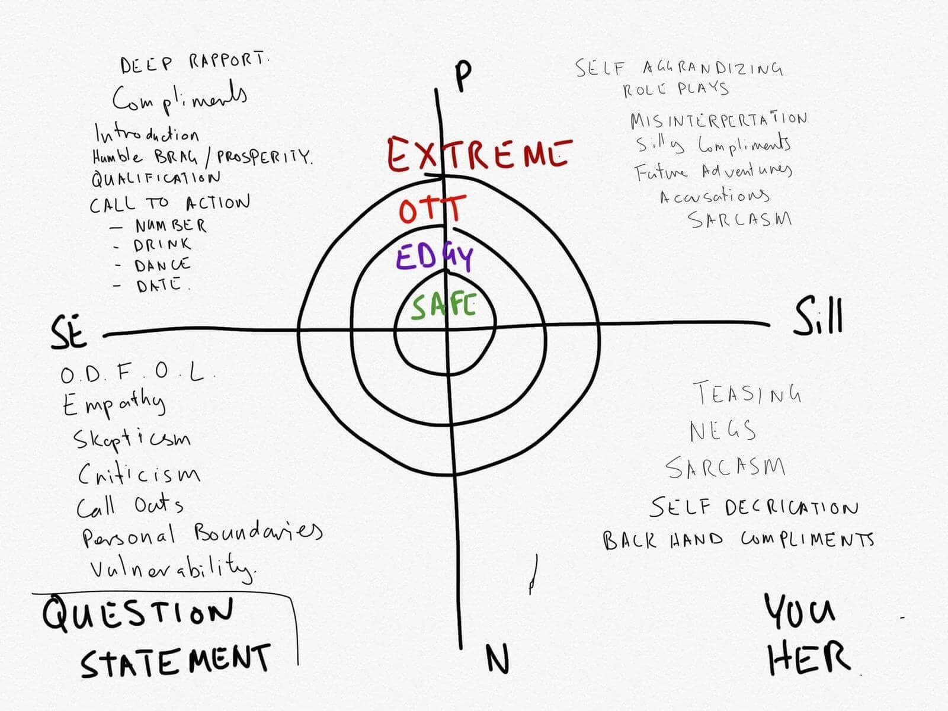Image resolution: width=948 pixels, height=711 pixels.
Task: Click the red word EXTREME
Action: point(479,154)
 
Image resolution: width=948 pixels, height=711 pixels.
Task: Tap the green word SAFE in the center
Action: point(444,307)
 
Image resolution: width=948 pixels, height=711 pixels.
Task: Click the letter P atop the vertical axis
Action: point(463,75)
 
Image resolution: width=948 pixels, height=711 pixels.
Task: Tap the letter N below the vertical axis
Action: point(498,659)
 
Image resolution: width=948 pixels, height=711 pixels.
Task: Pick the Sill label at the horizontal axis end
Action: point(818,318)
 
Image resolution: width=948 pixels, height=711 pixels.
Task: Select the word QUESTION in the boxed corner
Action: point(137,614)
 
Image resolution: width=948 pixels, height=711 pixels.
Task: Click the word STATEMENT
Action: point(175,660)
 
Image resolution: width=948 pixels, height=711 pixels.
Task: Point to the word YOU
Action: point(800,611)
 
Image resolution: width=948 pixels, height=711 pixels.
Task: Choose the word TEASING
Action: point(747,393)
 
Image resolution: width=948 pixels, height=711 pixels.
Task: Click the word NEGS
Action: point(723,431)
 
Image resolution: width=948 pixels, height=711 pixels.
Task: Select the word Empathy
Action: point(113,405)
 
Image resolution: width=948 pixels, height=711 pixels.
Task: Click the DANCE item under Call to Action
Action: point(161,264)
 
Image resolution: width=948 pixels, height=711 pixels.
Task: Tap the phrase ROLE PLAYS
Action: point(675,89)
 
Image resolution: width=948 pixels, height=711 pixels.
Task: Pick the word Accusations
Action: point(715,196)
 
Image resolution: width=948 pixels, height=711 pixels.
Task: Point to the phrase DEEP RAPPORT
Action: point(194,63)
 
